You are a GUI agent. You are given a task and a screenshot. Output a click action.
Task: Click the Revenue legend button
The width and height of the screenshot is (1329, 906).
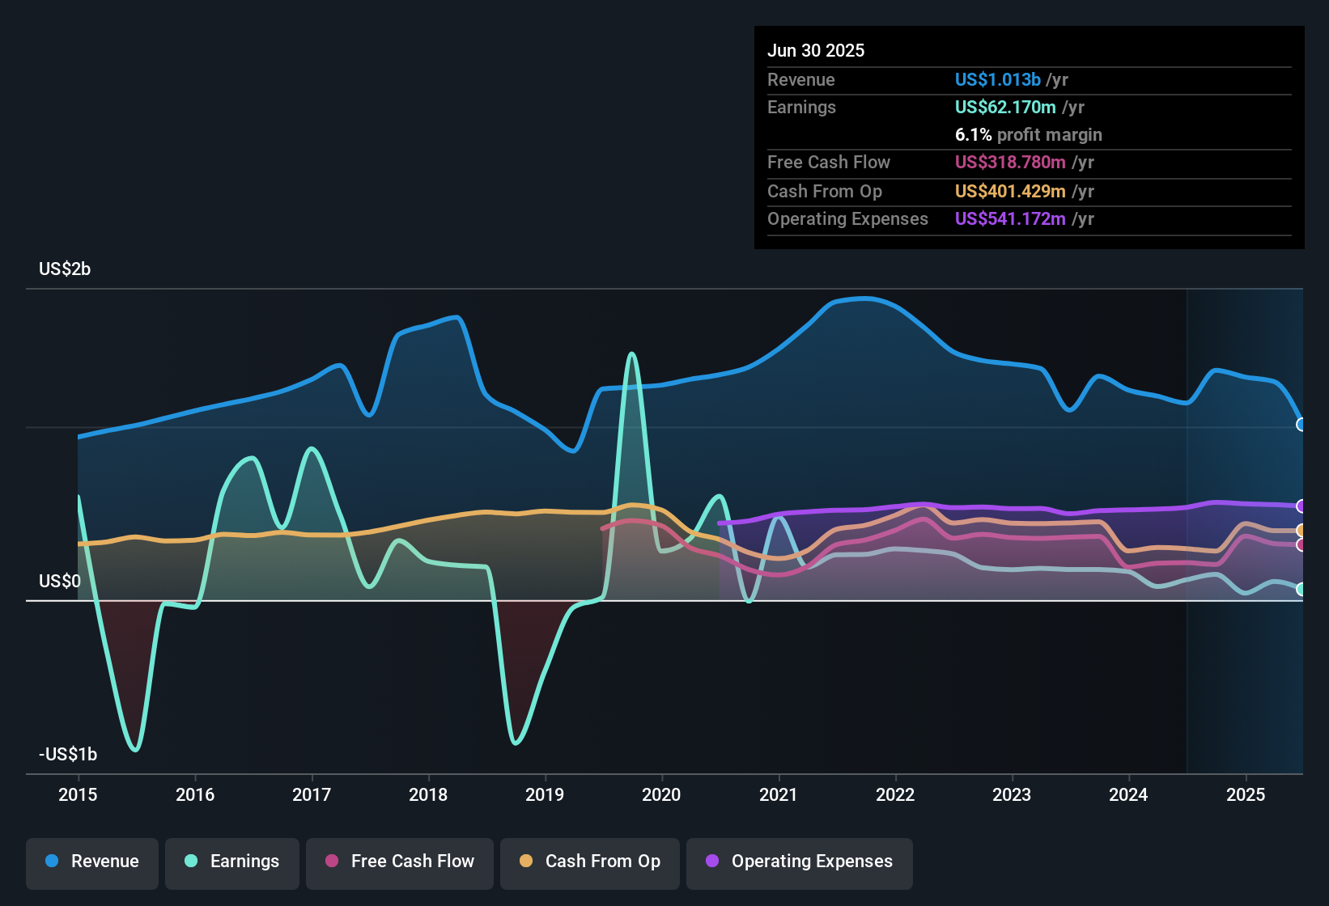point(92,862)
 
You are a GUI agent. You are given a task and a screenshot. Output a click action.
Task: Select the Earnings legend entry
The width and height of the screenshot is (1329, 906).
point(232,862)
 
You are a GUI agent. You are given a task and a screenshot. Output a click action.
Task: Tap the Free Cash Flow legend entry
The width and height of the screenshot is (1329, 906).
point(400,862)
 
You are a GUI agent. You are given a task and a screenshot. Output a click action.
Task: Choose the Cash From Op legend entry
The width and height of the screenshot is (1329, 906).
point(590,862)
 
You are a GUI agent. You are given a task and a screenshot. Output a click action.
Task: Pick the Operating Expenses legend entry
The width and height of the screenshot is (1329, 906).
point(800,862)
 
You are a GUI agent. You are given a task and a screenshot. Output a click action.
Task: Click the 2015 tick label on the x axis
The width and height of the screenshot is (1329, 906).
point(78,794)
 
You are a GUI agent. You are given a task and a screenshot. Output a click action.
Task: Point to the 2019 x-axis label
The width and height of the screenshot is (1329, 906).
point(545,794)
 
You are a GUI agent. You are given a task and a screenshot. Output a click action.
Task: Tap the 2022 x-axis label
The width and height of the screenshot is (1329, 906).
point(895,794)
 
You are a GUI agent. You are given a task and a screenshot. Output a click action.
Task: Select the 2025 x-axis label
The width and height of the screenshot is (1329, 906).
point(1246,794)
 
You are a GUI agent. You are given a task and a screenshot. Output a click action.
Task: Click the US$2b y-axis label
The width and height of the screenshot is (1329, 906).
point(65,269)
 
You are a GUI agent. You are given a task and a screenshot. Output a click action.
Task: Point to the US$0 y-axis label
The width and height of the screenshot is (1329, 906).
point(60,581)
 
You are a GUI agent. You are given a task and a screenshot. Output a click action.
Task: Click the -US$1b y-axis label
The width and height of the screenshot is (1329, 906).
point(68,754)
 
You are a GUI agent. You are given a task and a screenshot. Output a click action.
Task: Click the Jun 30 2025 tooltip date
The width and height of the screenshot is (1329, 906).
point(816,50)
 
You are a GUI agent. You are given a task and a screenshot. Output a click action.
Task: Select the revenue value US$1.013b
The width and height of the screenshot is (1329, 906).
point(997,79)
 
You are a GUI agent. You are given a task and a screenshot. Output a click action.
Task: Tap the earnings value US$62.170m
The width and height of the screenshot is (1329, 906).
point(1005,107)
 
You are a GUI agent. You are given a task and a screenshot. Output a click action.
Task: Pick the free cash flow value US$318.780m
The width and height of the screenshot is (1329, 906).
point(1010,162)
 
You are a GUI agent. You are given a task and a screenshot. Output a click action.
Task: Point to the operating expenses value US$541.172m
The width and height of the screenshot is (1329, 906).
point(1010,218)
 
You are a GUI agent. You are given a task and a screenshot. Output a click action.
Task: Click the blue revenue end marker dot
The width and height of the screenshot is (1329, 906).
point(1301,425)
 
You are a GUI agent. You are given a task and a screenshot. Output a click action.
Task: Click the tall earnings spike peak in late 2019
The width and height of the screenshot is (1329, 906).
point(632,354)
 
